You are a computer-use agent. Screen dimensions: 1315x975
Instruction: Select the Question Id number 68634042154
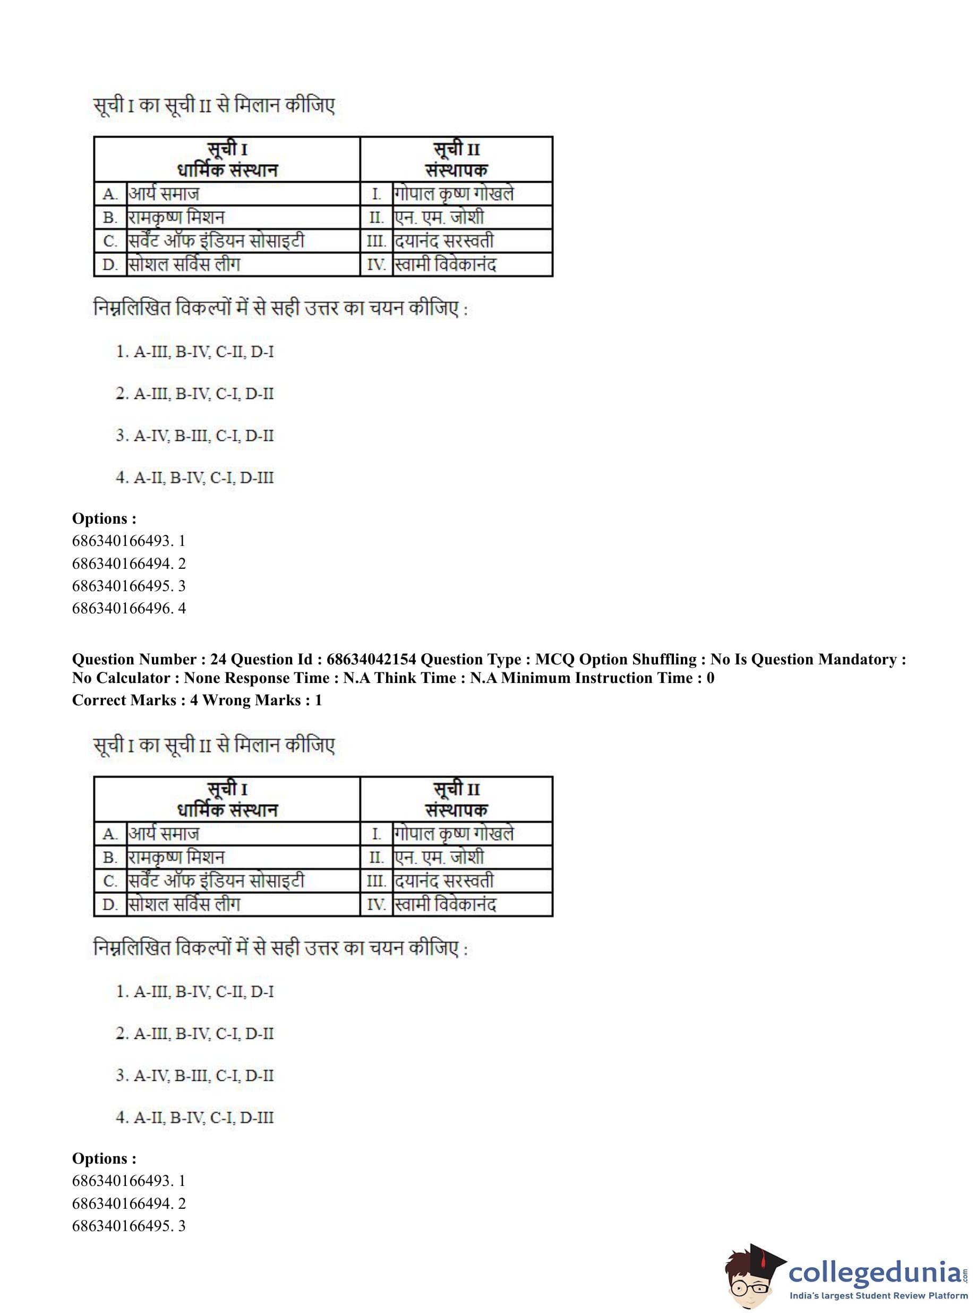371,659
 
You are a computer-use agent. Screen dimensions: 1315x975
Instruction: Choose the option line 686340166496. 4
129,608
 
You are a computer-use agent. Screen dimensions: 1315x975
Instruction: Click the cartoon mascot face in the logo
751,1277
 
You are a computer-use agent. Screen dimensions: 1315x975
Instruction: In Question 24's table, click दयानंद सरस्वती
444,881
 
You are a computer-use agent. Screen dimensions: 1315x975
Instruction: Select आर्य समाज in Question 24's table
164,833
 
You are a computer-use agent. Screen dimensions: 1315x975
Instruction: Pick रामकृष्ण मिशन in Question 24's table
176,857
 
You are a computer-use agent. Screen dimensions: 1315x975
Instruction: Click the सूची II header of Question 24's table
456,789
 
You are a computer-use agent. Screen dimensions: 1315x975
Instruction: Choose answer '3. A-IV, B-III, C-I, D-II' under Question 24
195,1075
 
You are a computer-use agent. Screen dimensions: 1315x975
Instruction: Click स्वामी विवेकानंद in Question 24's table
446,904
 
